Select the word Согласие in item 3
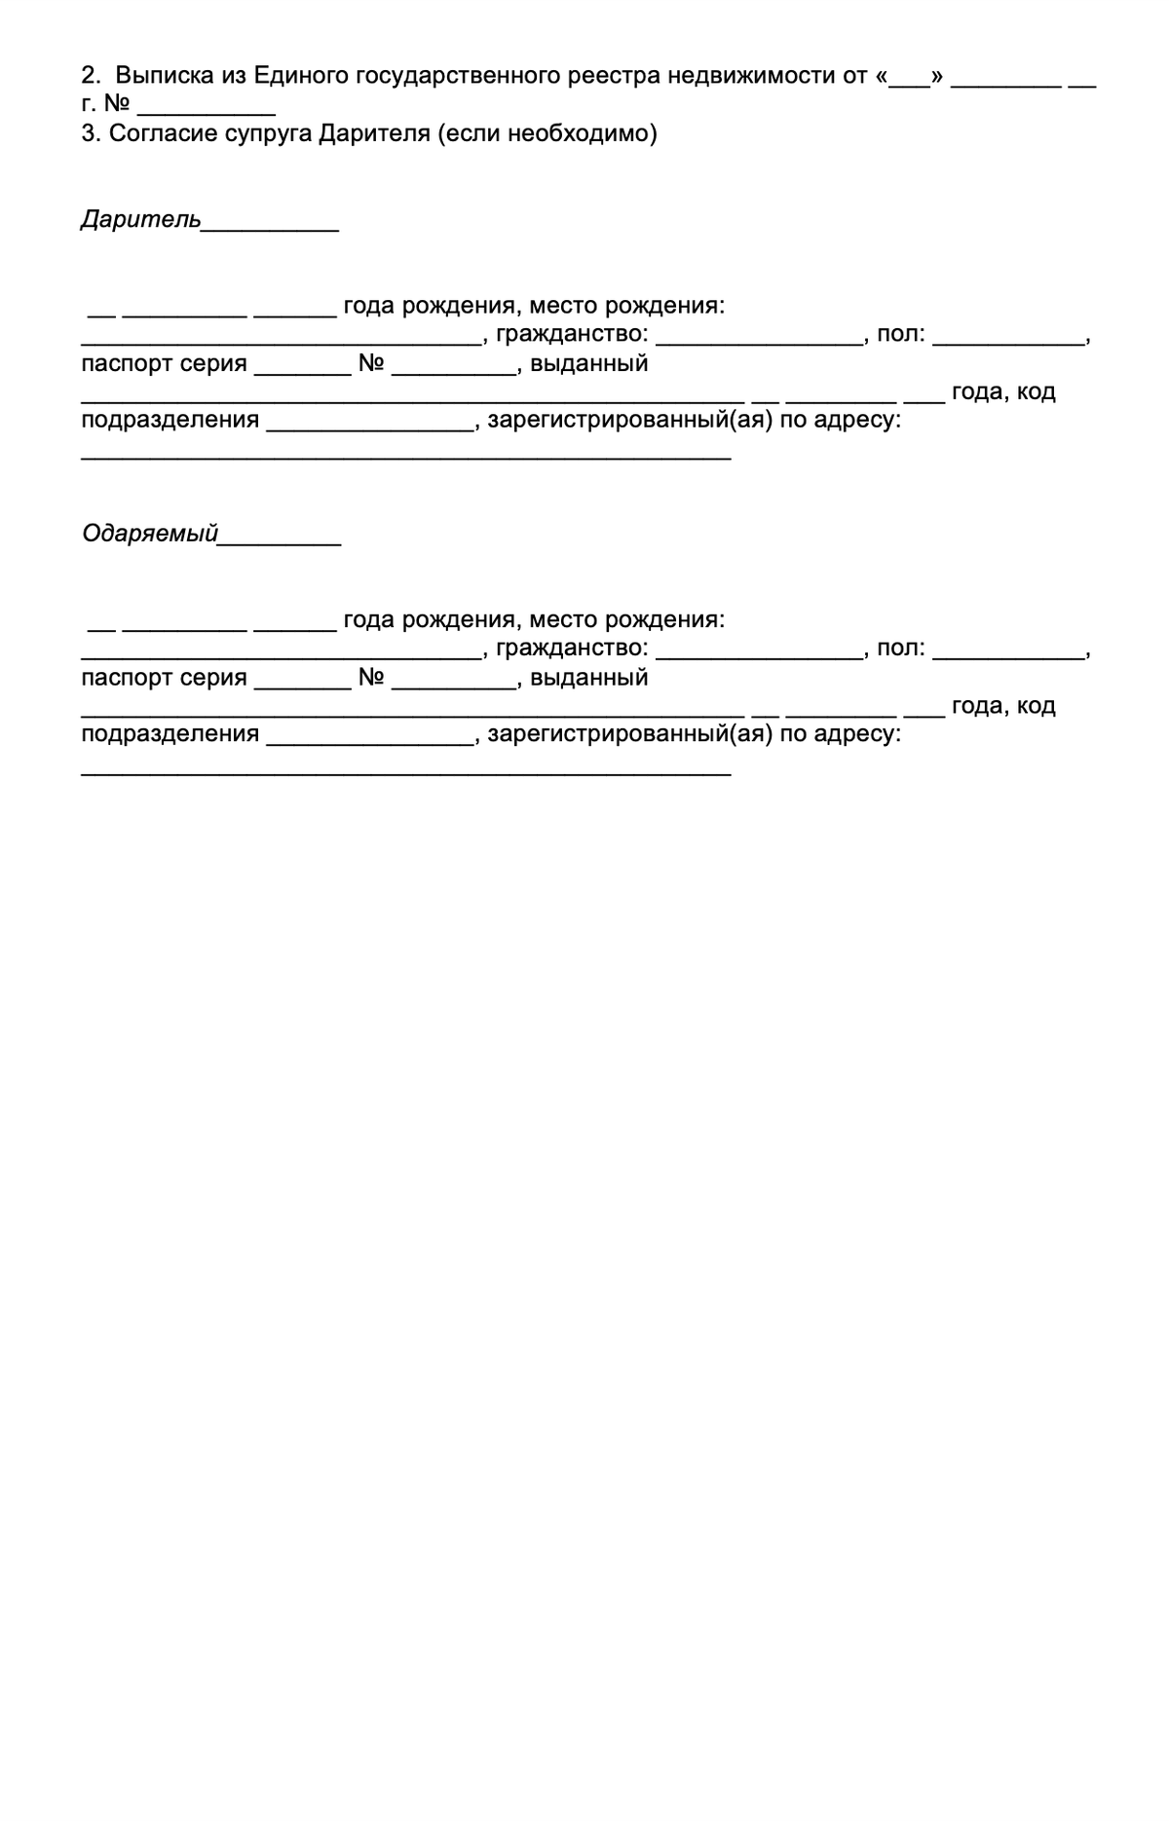(x=155, y=133)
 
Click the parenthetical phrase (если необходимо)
(x=547, y=133)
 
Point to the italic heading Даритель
(x=140, y=220)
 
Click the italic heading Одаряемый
(x=149, y=534)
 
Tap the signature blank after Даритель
(x=270, y=226)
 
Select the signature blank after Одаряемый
(x=280, y=539)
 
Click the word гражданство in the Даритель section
(x=571, y=335)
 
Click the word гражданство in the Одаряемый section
(x=571, y=649)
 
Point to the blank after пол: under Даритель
(x=1008, y=341)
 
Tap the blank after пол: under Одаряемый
(x=1008, y=654)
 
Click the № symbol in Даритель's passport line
(x=371, y=364)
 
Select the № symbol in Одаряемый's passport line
(x=371, y=678)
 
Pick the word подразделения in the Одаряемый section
(x=170, y=734)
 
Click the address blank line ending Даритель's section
(x=405, y=456)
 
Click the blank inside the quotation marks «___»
(x=910, y=82)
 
